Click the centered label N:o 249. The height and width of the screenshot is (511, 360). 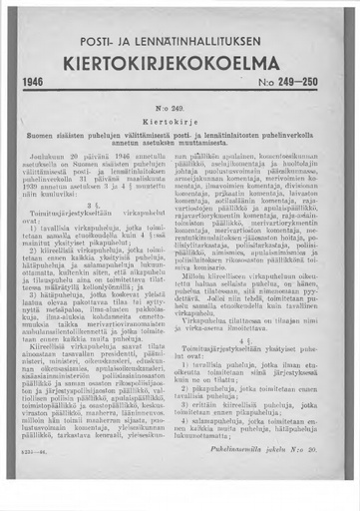tap(180, 130)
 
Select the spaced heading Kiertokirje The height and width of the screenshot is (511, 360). tap(180, 144)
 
